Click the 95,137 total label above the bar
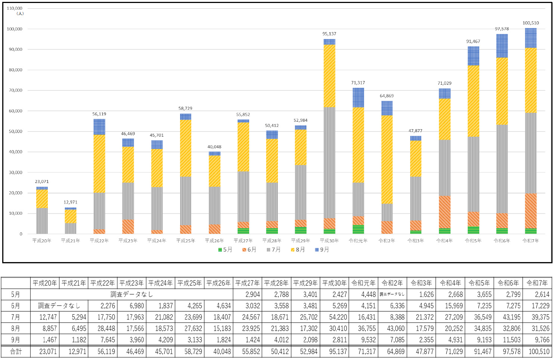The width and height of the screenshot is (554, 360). pyautogui.click(x=329, y=34)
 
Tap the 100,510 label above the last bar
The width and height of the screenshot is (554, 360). pyautogui.click(x=530, y=23)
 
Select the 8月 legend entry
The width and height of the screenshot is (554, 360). pyautogui.click(x=298, y=249)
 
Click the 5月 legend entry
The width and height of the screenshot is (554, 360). pyautogui.click(x=225, y=249)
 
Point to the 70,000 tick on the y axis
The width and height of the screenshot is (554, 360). pyautogui.click(x=16, y=90)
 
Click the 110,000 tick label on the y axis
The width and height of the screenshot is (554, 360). pyautogui.click(x=15, y=8)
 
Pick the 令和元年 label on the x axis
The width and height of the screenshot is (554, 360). pyautogui.click(x=358, y=240)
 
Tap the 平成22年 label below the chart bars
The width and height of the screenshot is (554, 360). pyautogui.click(x=99, y=240)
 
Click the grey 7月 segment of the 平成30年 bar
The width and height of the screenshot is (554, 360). pyautogui.click(x=329, y=163)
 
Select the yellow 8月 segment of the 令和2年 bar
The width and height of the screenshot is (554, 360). pyautogui.click(x=387, y=159)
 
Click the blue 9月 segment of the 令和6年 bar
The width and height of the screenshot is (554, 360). pyautogui.click(x=502, y=46)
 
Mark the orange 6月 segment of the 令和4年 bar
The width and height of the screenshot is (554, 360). pyautogui.click(x=445, y=212)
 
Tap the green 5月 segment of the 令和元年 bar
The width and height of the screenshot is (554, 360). pyautogui.click(x=358, y=229)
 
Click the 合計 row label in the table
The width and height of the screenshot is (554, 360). pyautogui.click(x=16, y=351)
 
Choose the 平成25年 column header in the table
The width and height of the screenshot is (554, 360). pyautogui.click(x=190, y=283)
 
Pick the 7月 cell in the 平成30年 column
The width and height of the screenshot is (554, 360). pyautogui.click(x=334, y=317)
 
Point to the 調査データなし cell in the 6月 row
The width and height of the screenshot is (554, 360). pyautogui.click(x=59, y=305)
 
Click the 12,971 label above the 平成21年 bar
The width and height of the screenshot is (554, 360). pyautogui.click(x=71, y=202)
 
